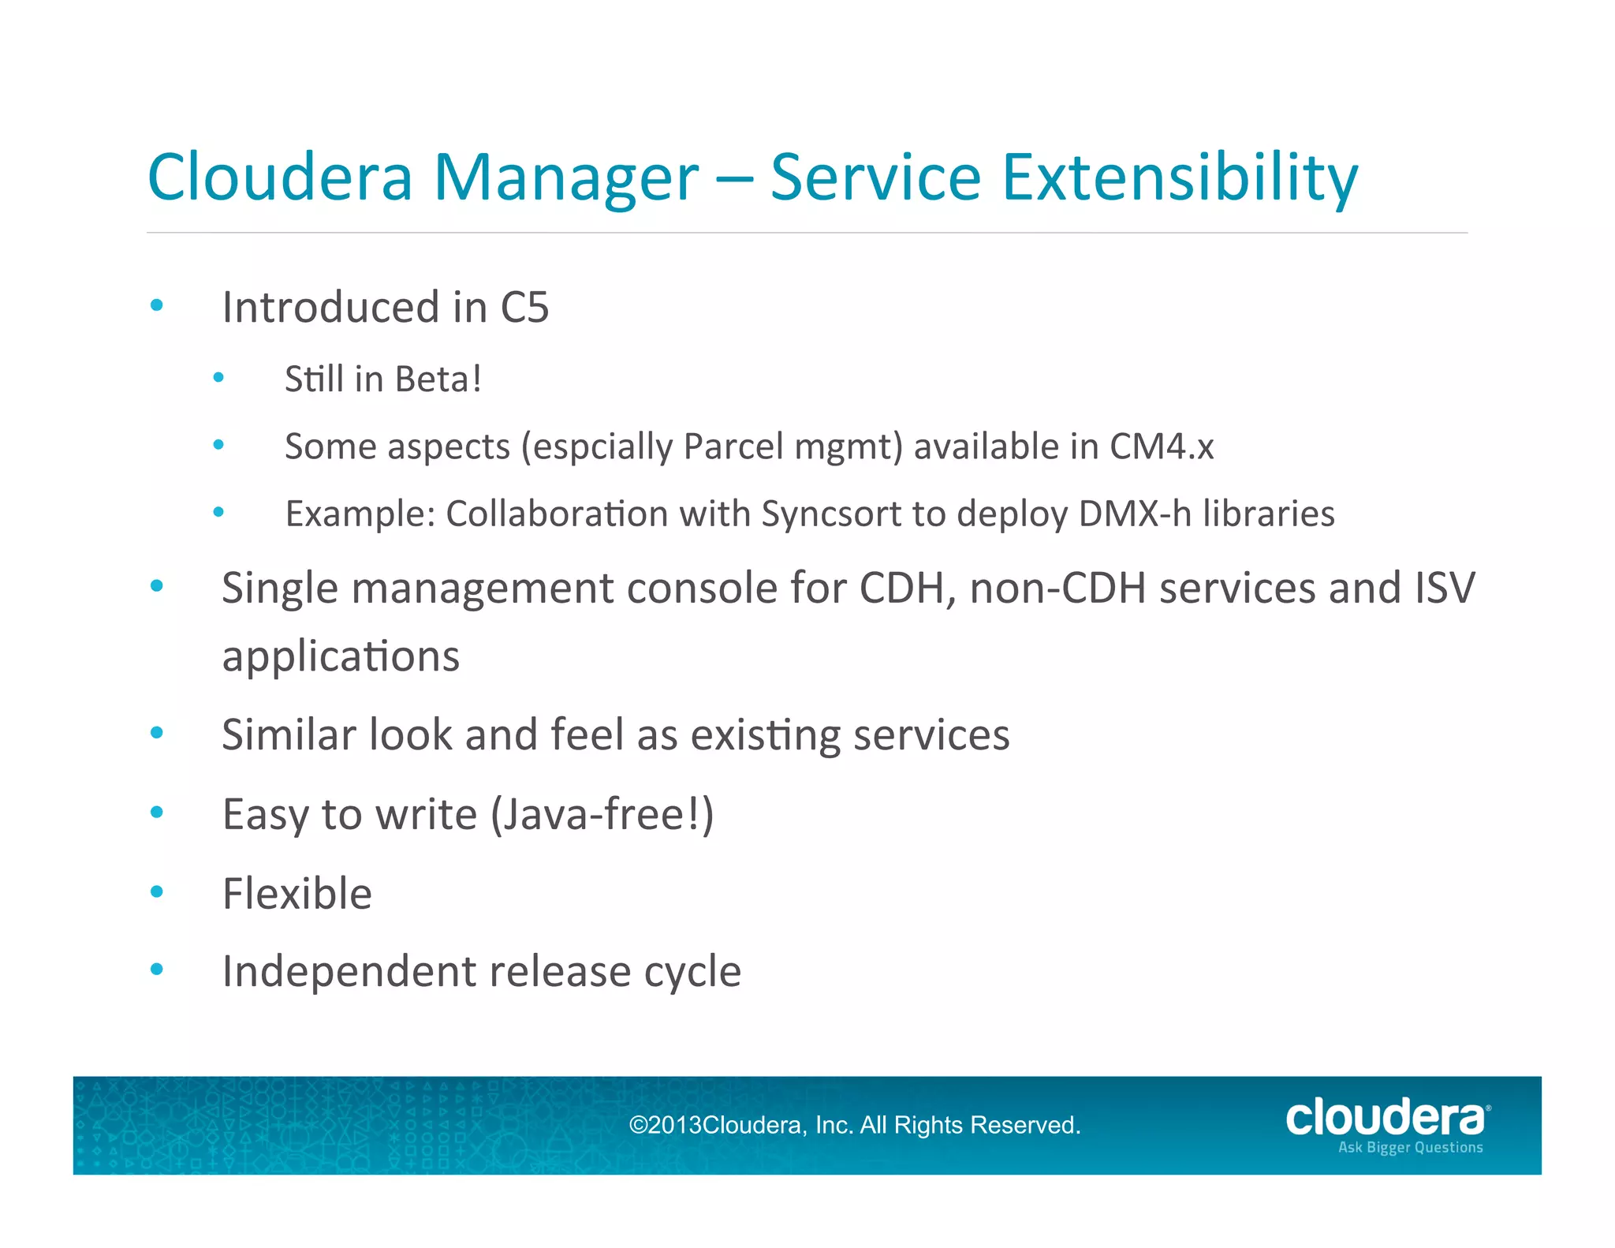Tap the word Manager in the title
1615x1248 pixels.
click(x=565, y=177)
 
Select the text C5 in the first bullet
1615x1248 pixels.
click(x=524, y=307)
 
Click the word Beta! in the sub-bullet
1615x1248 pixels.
click(x=438, y=379)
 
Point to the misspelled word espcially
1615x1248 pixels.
click(x=603, y=447)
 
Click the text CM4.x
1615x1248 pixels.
click(x=1162, y=447)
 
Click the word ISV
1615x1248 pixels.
click(x=1445, y=588)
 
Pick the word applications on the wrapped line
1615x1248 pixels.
click(x=341, y=656)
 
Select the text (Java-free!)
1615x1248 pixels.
click(x=602, y=815)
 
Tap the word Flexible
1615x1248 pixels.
click(x=297, y=894)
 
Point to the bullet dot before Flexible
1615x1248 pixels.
click(x=157, y=891)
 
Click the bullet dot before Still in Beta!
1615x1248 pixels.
click(x=218, y=378)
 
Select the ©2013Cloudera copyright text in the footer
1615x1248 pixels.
click(x=854, y=1125)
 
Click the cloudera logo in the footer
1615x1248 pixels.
click(x=1386, y=1118)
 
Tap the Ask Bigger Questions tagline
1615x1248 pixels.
click(x=1410, y=1147)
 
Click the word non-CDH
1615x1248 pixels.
click(x=1057, y=588)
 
